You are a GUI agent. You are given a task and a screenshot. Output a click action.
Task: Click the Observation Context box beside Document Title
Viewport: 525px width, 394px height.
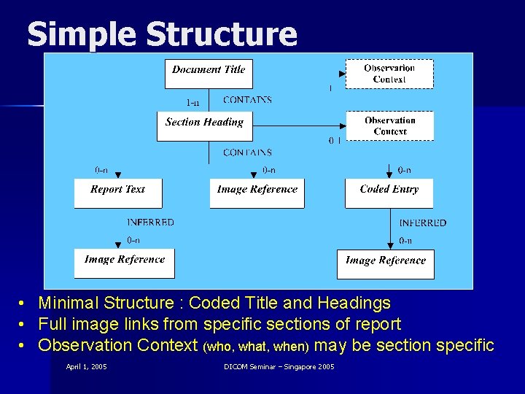389,74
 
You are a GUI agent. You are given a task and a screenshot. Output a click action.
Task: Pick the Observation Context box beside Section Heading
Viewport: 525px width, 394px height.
389,125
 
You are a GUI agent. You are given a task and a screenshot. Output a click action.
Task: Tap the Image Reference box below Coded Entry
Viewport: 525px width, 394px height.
385,263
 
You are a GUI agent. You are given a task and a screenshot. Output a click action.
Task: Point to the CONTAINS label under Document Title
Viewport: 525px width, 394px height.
247,100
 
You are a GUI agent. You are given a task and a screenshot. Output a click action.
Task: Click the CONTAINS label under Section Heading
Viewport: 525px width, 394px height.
247,152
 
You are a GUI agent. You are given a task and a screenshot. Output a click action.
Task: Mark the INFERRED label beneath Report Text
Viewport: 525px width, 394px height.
150,223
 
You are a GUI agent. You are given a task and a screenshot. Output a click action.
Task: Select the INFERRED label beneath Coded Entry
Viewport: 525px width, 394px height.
423,223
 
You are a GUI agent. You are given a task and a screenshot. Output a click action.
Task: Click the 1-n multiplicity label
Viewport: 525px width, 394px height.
194,102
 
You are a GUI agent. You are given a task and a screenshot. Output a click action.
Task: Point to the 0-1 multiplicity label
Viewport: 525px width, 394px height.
335,140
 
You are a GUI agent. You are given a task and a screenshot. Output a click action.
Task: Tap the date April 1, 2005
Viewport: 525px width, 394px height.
86,366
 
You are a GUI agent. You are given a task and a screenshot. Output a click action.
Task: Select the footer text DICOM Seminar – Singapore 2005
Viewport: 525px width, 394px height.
279,366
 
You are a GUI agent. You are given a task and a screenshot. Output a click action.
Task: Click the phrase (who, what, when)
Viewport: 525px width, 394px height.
257,346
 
